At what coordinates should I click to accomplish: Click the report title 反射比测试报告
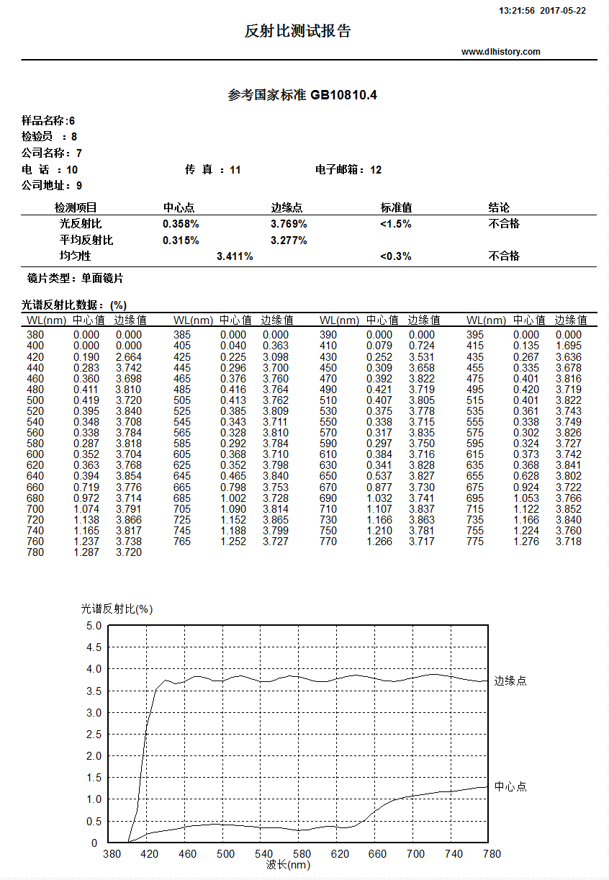[298, 31]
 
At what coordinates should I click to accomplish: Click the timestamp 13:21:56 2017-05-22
[542, 11]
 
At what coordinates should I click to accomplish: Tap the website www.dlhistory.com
[500, 52]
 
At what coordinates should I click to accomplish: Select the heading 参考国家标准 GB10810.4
[302, 95]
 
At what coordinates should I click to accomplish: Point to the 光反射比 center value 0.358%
[181, 224]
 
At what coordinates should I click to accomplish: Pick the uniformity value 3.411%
[235, 256]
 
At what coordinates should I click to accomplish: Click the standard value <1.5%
[396, 224]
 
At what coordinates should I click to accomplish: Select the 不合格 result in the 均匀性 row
[504, 256]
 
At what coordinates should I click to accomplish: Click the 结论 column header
[499, 208]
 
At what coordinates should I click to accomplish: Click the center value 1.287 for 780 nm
[86, 552]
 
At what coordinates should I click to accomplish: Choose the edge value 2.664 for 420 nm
[129, 357]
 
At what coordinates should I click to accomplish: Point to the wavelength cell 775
[475, 542]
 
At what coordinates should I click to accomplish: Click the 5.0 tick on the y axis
[94, 626]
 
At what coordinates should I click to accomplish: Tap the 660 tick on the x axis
[377, 854]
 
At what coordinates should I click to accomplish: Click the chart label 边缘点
[510, 681]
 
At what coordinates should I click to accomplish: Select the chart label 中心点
[510, 786]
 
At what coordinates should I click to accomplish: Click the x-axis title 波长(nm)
[288, 865]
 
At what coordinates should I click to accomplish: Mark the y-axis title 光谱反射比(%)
[117, 609]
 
